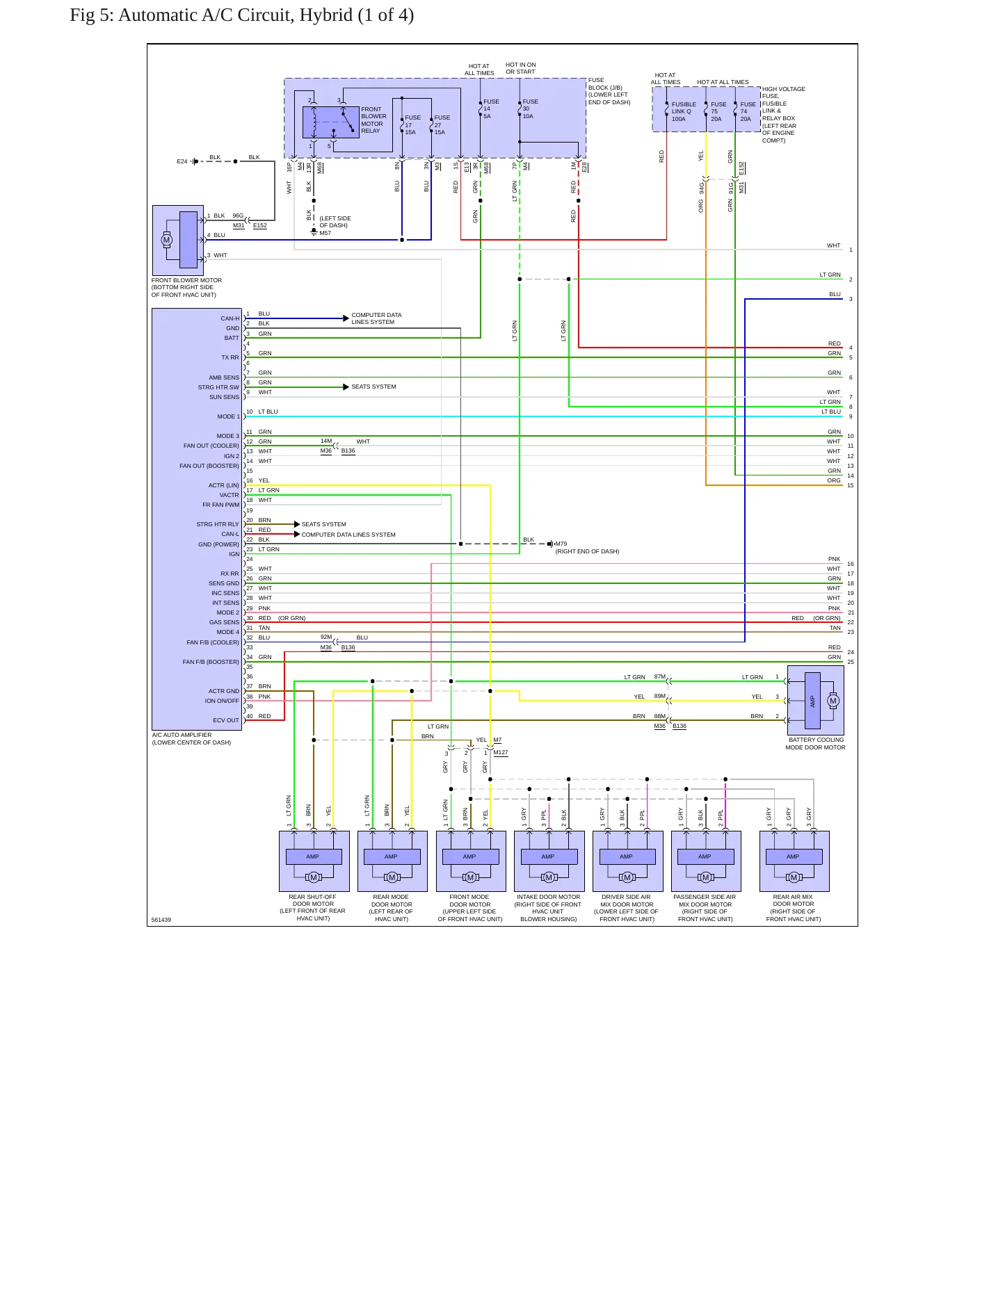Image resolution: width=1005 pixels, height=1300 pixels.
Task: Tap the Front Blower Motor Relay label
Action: pyautogui.click(x=373, y=120)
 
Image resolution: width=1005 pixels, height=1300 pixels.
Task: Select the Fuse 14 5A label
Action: pyautogui.click(x=491, y=109)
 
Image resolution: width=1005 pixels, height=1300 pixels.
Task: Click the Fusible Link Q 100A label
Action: pyautogui.click(x=684, y=112)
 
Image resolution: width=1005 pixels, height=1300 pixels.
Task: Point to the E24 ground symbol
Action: pyautogui.click(x=195, y=161)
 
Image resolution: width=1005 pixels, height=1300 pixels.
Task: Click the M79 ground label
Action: pyautogui.click(x=561, y=544)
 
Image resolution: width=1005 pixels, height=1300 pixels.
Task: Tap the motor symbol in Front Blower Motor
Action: pyautogui.click(x=166, y=240)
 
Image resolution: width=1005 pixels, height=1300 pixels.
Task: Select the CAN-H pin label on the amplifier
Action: pyautogui.click(x=230, y=318)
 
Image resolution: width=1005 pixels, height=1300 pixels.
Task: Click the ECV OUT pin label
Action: pyautogui.click(x=225, y=720)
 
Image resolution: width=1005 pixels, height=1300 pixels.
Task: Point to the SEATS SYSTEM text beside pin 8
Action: pyautogui.click(x=373, y=387)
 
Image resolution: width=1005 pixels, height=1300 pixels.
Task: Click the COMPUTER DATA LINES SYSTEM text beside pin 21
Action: pyautogui.click(x=348, y=535)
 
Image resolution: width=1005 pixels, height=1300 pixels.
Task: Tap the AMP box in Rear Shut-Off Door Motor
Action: pyautogui.click(x=313, y=856)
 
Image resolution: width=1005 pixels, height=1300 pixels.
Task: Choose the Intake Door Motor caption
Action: pyautogui.click(x=549, y=908)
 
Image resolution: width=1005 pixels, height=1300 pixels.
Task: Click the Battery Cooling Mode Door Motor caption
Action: pyautogui.click(x=816, y=744)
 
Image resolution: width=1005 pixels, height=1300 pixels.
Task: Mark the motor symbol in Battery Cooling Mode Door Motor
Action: pyautogui.click(x=833, y=701)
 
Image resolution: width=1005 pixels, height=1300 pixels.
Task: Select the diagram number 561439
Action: pyautogui.click(x=161, y=920)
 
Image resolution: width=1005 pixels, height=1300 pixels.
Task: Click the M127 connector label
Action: pyautogui.click(x=501, y=752)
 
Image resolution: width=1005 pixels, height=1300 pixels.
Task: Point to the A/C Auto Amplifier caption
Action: pyautogui.click(x=191, y=739)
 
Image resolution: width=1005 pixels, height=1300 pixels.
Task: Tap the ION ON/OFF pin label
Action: pyautogui.click(x=222, y=701)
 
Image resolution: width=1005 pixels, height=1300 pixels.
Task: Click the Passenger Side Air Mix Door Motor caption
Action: pyautogui.click(x=705, y=908)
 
